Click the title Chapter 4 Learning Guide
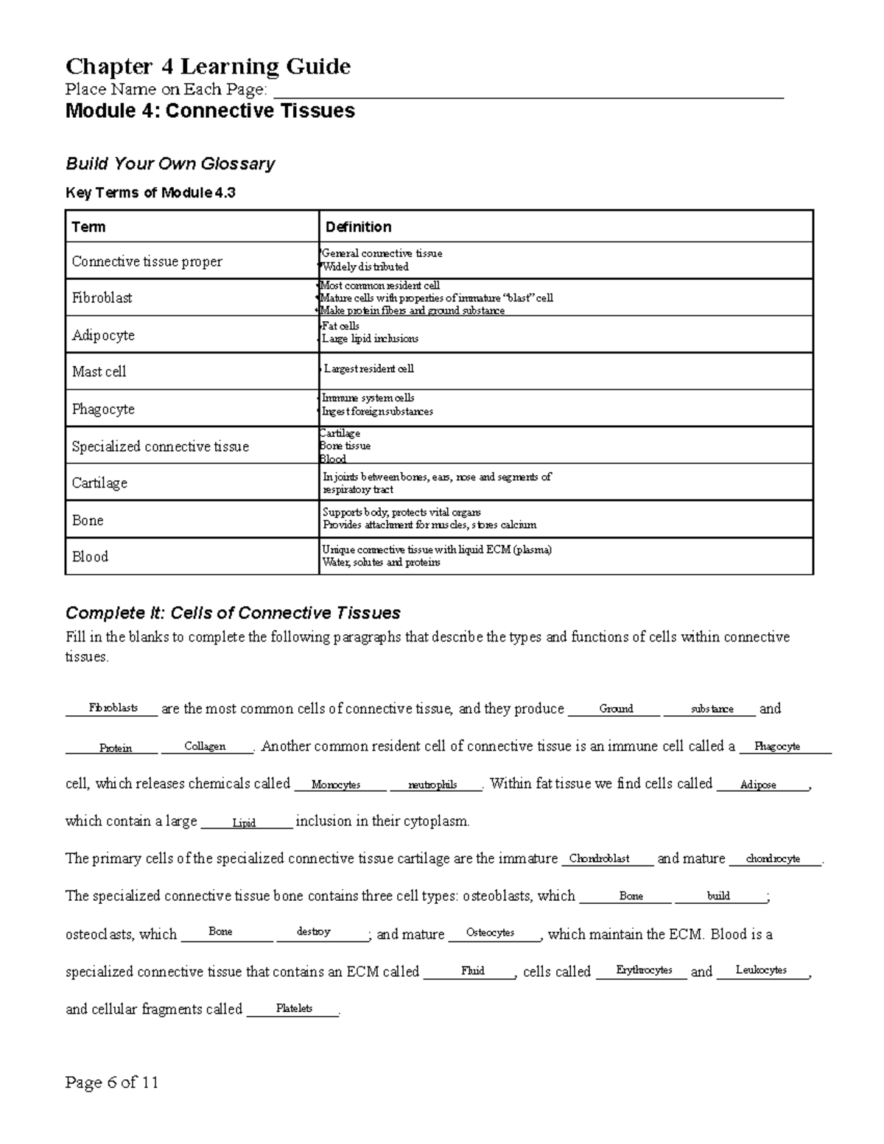[x=208, y=67]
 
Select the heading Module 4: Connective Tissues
[x=210, y=111]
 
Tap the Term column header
[x=88, y=227]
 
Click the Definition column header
[x=358, y=227]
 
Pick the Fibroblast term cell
[x=102, y=298]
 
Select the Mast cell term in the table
[x=99, y=371]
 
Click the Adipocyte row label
[x=103, y=335]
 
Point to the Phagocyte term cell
[x=103, y=409]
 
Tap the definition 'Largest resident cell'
[x=368, y=368]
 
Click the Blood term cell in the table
[x=90, y=556]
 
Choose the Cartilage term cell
[x=99, y=482]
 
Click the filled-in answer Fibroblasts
[x=113, y=708]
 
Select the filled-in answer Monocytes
[x=335, y=785]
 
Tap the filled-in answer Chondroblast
[x=599, y=858]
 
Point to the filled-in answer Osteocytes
[x=490, y=933]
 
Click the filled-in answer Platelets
[x=294, y=1008]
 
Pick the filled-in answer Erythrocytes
[x=644, y=970]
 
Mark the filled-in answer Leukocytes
[x=761, y=970]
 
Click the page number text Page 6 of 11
[x=112, y=1082]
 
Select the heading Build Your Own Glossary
[x=170, y=164]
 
